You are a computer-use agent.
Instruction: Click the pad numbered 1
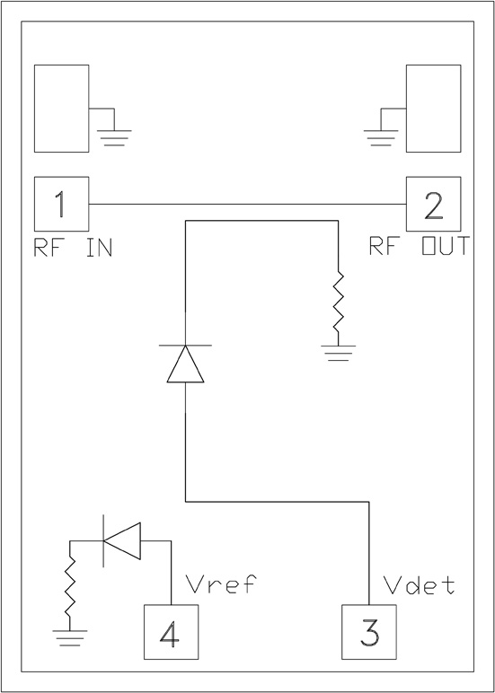tap(61, 204)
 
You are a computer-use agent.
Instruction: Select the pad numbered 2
tap(433, 204)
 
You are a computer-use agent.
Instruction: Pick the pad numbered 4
tap(172, 632)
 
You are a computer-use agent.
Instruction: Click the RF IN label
tap(73, 248)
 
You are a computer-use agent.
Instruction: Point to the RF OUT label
tap(419, 247)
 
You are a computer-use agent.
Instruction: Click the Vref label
tap(220, 585)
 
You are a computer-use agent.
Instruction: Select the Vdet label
tap(419, 585)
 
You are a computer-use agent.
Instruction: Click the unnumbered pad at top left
tap(61, 108)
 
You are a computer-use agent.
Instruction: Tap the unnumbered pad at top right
tap(433, 108)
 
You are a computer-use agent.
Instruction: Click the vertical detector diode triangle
tap(185, 364)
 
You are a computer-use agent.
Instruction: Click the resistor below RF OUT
tap(338, 302)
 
